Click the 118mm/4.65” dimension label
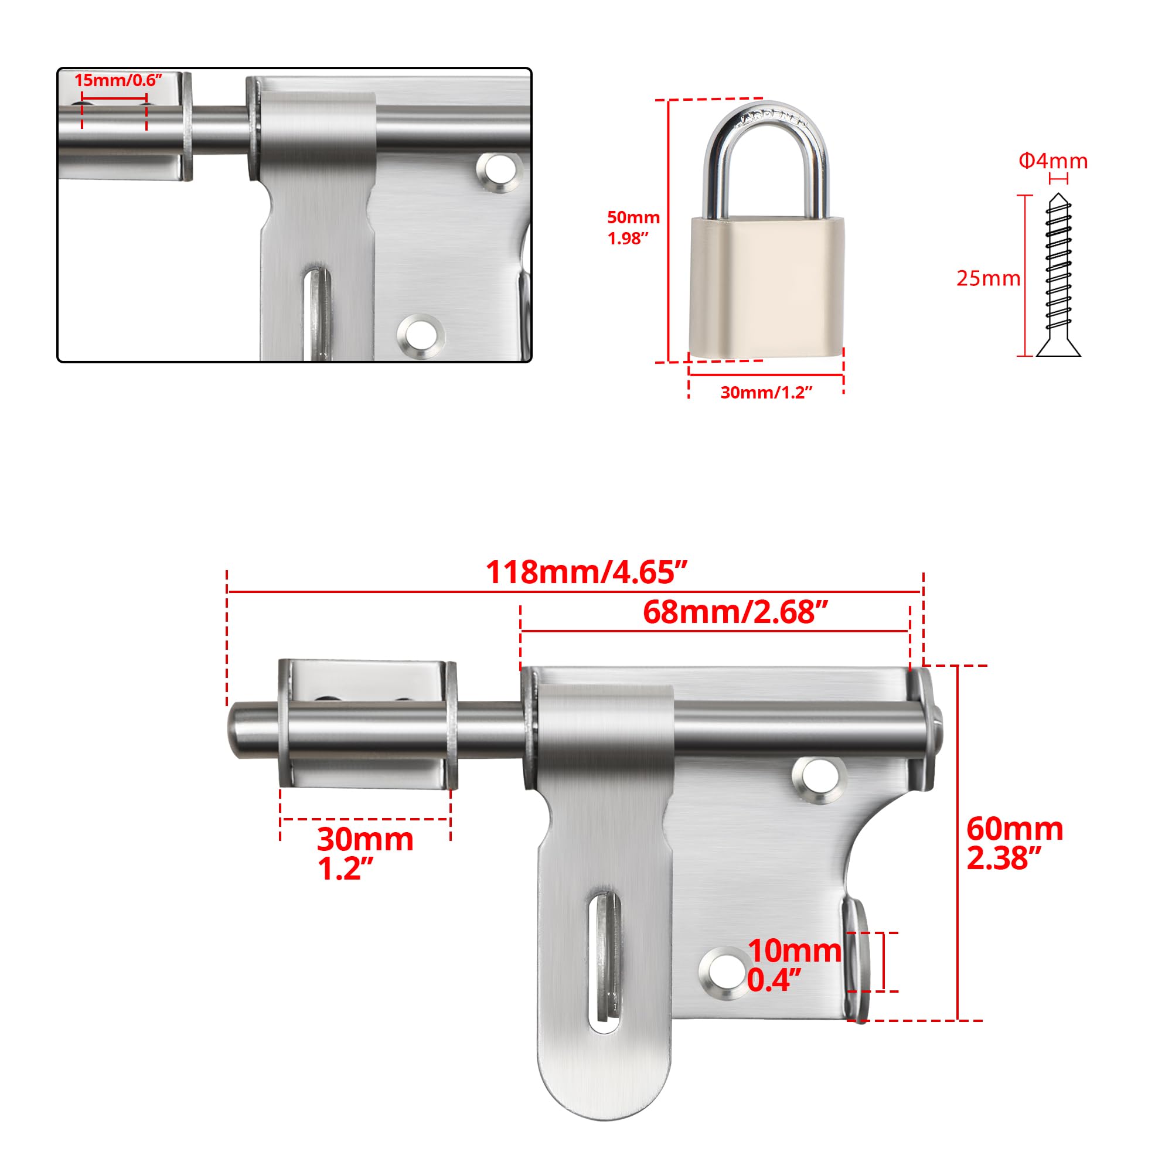click(x=586, y=572)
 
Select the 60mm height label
click(x=1015, y=829)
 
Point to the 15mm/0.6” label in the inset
click(x=119, y=80)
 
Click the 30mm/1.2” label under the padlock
click(x=766, y=393)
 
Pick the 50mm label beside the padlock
click(x=633, y=217)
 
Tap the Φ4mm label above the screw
click(x=1053, y=161)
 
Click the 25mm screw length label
click(x=988, y=278)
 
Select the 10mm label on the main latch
click(x=794, y=951)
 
